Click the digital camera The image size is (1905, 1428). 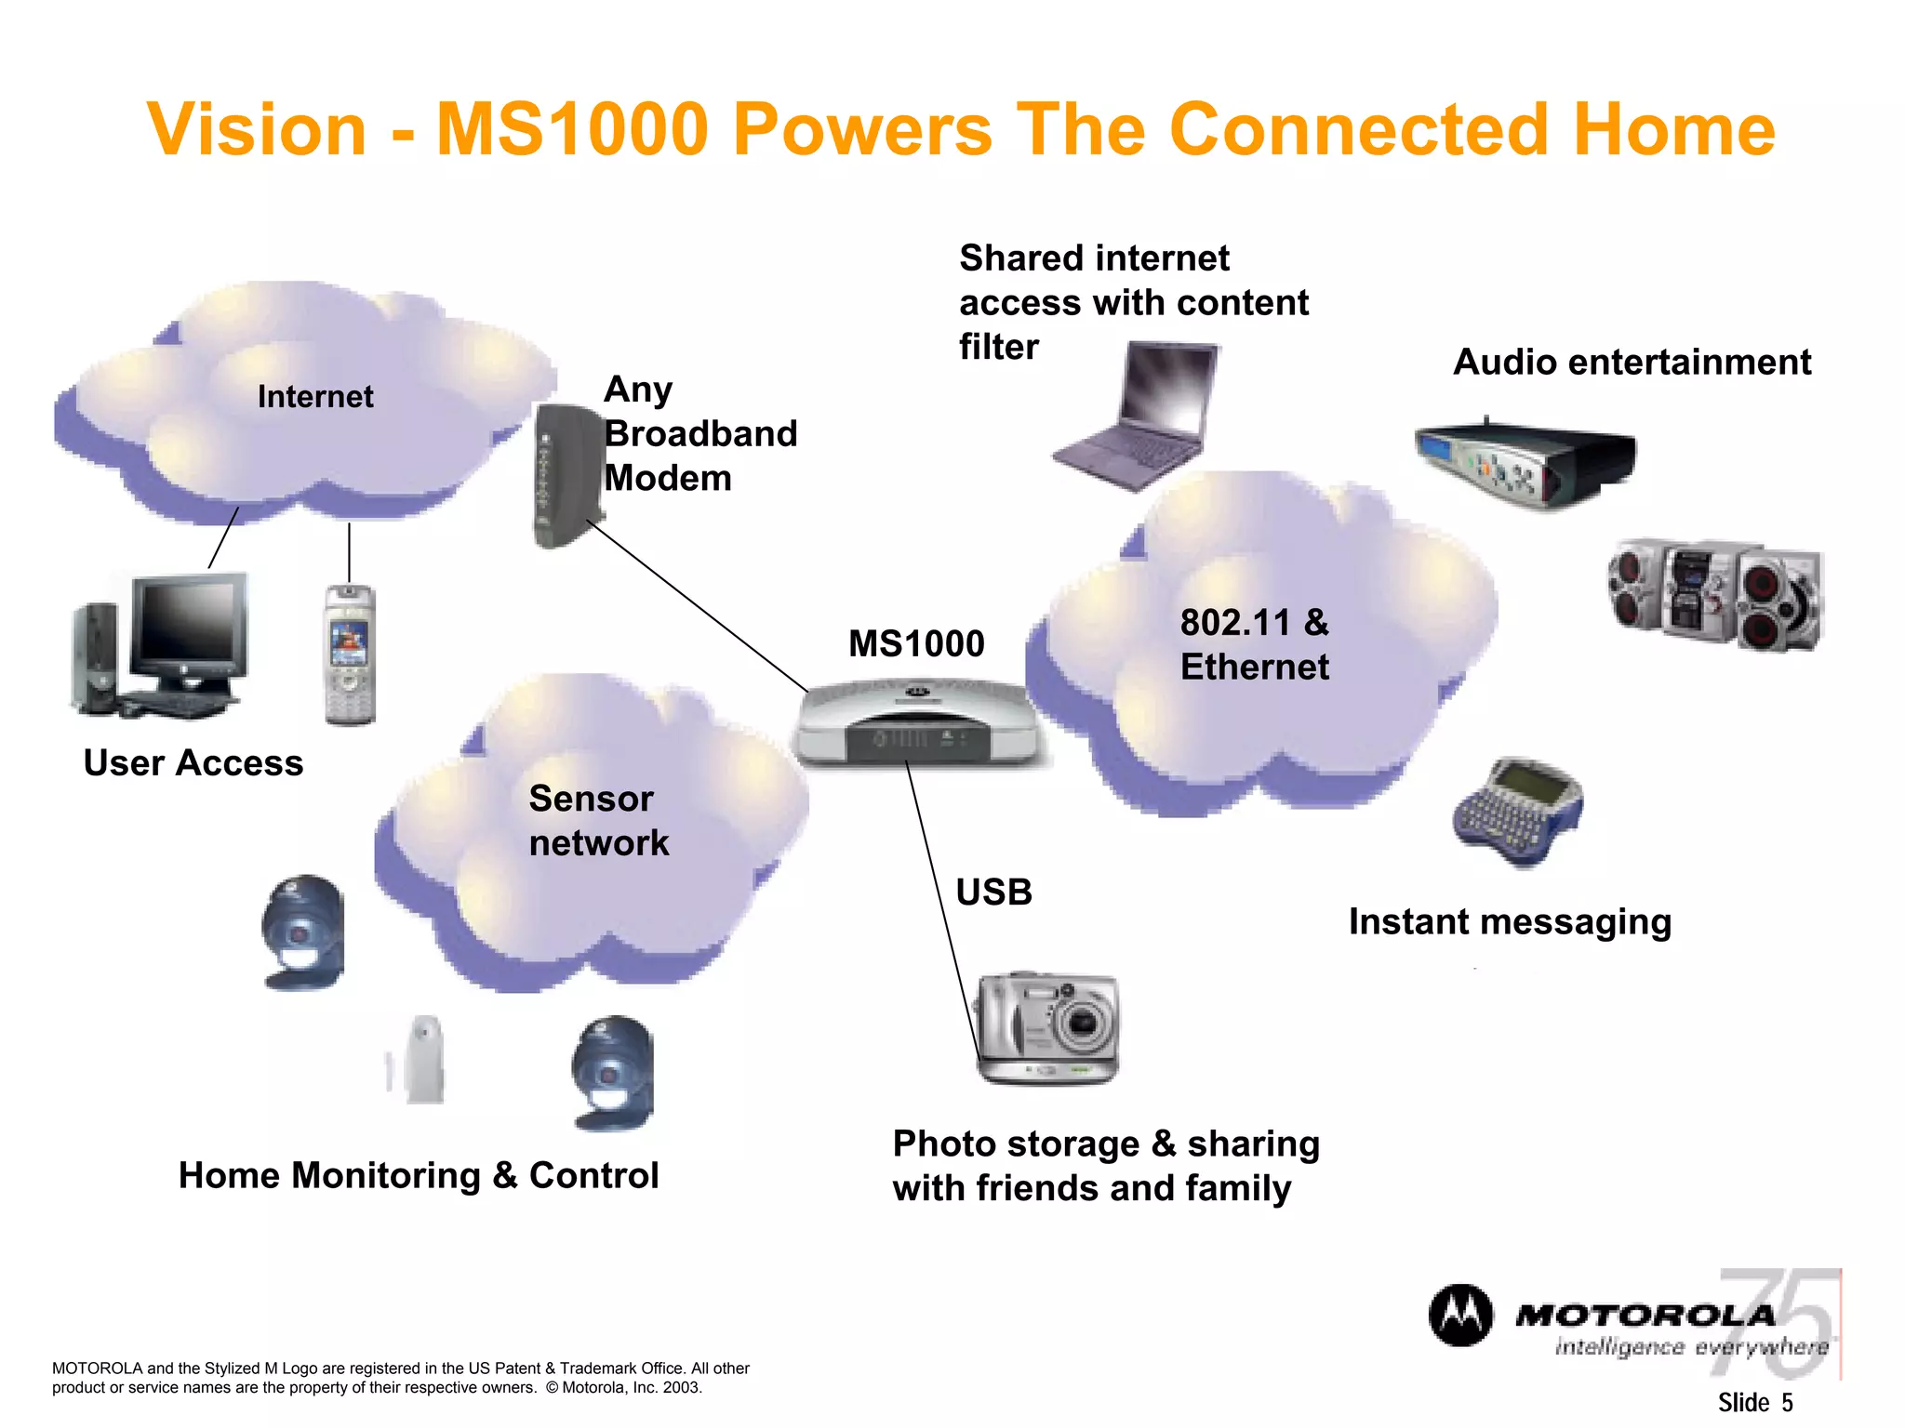1047,1028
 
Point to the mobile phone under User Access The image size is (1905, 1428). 350,654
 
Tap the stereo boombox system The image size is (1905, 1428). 1716,594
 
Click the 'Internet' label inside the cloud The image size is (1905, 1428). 315,397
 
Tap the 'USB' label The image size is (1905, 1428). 993,892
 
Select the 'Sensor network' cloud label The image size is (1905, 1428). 598,821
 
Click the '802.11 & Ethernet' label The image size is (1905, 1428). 1254,644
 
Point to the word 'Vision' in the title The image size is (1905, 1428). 257,129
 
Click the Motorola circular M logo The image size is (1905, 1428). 1460,1316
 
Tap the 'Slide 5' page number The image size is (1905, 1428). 1754,1402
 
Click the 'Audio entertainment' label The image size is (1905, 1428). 1632,363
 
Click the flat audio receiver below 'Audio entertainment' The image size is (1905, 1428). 1525,461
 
